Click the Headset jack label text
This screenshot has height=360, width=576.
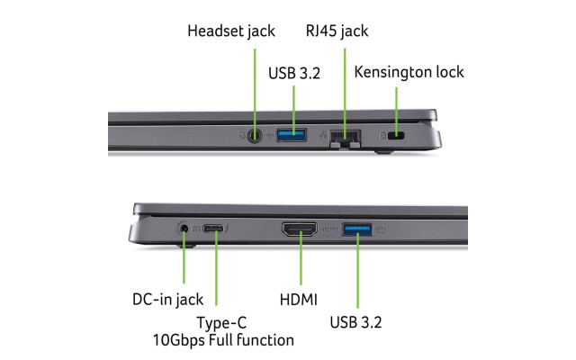(230, 31)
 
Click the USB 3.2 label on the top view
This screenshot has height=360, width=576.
(293, 72)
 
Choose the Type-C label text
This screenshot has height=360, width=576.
(222, 322)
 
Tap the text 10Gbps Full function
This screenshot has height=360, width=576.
(222, 340)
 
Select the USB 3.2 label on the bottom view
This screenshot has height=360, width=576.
(358, 321)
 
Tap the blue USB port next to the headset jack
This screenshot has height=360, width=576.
(292, 136)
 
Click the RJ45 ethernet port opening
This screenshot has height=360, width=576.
(344, 137)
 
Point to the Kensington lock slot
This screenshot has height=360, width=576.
(396, 136)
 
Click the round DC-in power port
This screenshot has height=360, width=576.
(185, 230)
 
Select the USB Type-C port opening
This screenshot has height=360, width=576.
(215, 230)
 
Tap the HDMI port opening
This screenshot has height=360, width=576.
(299, 231)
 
